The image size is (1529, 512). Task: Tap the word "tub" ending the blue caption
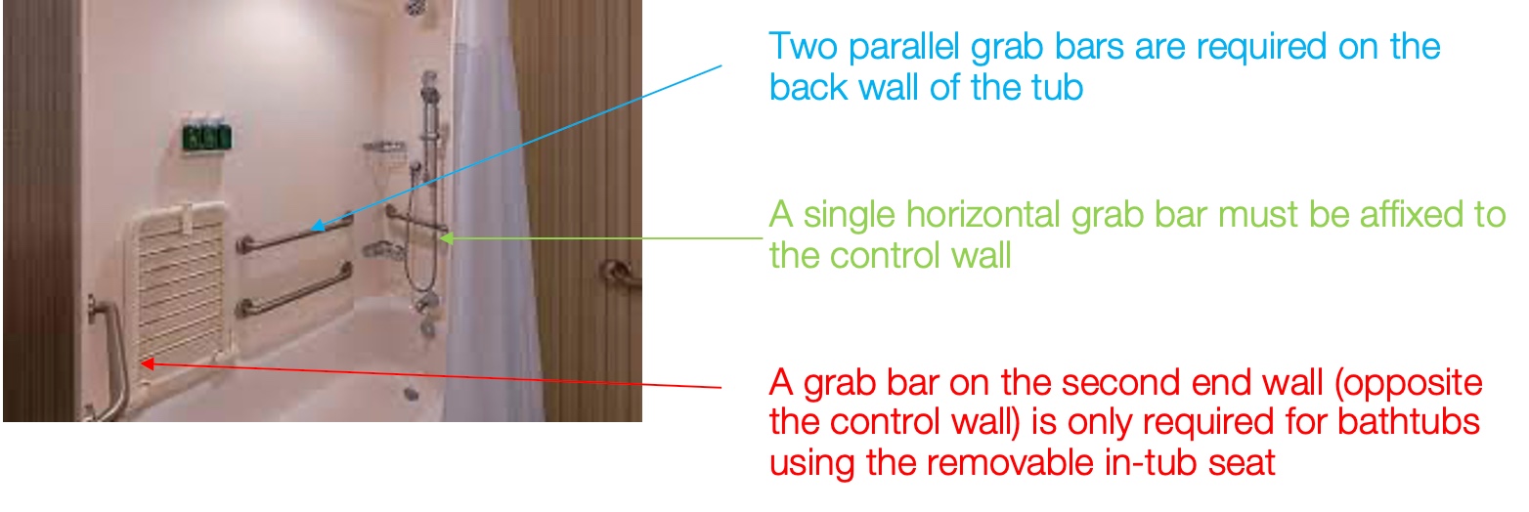[1057, 87]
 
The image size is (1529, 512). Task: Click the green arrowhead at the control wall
[447, 238]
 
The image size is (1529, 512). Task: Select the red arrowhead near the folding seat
[148, 363]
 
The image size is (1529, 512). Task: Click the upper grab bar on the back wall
[295, 234]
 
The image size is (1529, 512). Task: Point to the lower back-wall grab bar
[295, 291]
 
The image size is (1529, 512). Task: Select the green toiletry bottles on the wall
[206, 137]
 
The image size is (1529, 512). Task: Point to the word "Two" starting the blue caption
[804, 47]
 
